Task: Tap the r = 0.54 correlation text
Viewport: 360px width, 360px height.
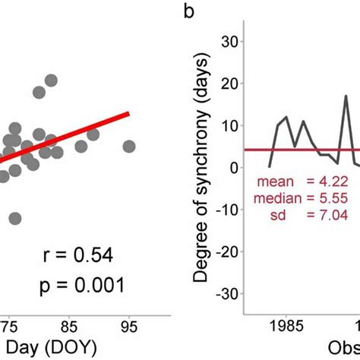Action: pyautogui.click(x=74, y=255)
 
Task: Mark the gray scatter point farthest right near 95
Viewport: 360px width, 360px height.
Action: pyautogui.click(x=129, y=147)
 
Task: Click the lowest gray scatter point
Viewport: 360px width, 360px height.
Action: pyautogui.click(x=15, y=219)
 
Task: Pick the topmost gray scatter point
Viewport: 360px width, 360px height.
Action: pyautogui.click(x=51, y=81)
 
